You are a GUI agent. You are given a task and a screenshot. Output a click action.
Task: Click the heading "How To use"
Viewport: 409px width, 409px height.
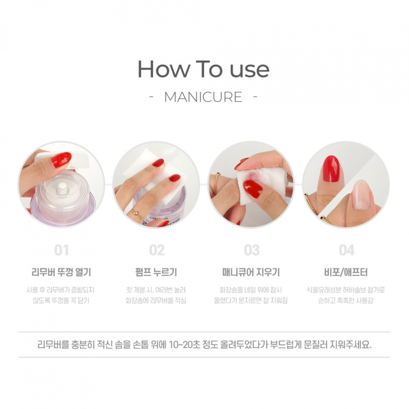[x=204, y=69]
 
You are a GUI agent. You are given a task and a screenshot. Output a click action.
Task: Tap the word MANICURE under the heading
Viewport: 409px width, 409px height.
[x=203, y=97]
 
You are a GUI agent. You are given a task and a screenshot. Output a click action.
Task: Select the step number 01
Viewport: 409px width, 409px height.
[x=61, y=250]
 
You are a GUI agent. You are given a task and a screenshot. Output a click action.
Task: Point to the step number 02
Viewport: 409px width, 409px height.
[x=157, y=250]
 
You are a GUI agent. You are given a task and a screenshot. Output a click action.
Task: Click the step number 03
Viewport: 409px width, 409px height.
[x=252, y=250]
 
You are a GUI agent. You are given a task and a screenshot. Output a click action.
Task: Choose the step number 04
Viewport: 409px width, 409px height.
[x=347, y=250]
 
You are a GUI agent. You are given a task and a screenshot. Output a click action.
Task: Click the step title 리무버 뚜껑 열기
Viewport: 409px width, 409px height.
[x=61, y=272]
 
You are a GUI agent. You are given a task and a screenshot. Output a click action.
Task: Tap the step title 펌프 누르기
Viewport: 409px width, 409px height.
[x=156, y=272]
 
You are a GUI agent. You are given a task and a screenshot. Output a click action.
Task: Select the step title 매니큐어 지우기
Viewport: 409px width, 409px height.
[x=251, y=272]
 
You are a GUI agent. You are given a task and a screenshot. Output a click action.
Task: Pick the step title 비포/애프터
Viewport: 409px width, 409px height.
[x=346, y=272]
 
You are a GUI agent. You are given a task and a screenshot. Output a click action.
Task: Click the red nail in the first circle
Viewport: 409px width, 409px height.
[x=61, y=159]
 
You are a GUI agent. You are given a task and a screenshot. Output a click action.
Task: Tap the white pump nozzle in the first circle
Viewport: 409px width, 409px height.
[x=62, y=188]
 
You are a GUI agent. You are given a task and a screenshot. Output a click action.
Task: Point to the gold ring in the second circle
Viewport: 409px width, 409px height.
[x=137, y=214]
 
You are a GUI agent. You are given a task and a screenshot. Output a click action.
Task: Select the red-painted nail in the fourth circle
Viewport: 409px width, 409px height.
[x=331, y=169]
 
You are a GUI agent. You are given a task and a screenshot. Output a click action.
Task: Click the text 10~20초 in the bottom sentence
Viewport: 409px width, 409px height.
[x=184, y=345]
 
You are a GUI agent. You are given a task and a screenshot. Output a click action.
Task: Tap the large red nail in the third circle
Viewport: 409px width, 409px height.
[x=253, y=189]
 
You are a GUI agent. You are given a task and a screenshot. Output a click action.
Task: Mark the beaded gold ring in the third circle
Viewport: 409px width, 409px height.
[x=216, y=183]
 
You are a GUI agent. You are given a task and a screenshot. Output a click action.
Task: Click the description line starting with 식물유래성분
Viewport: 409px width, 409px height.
[x=346, y=290]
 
